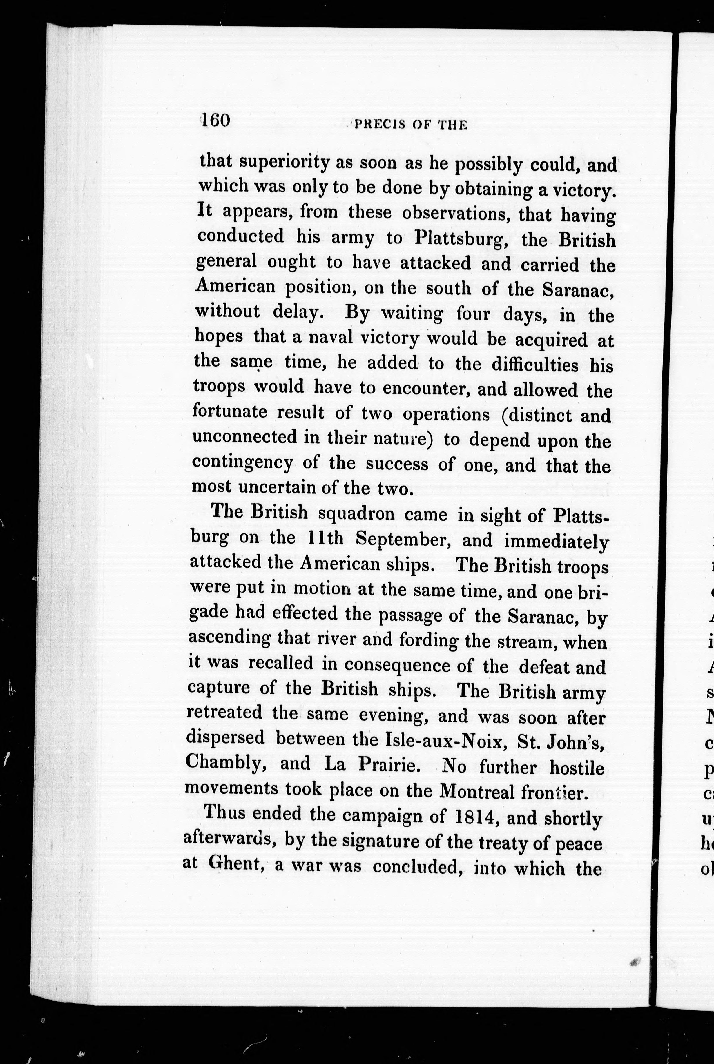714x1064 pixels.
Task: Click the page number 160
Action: [216, 121]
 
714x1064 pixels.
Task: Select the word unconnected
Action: [244, 437]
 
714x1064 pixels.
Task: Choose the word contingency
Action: [242, 463]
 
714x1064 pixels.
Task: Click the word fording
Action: [429, 640]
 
